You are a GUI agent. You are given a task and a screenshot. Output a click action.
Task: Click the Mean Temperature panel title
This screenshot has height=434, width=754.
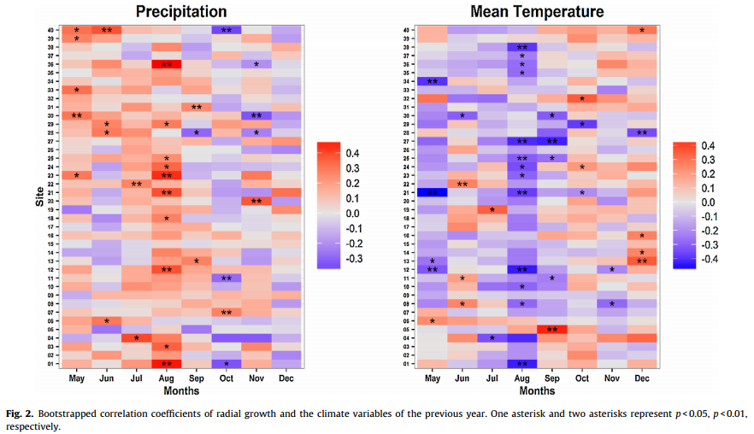548,11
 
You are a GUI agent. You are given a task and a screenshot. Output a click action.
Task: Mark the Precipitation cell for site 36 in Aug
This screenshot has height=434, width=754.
167,64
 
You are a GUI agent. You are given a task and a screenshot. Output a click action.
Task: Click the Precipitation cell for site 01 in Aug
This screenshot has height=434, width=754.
167,364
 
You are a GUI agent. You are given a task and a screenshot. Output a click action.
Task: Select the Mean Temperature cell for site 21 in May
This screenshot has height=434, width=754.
433,192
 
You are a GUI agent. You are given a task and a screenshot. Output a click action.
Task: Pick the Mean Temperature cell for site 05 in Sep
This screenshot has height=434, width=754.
551,329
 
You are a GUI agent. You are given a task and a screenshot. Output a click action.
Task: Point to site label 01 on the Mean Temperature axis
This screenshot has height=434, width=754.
408,364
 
